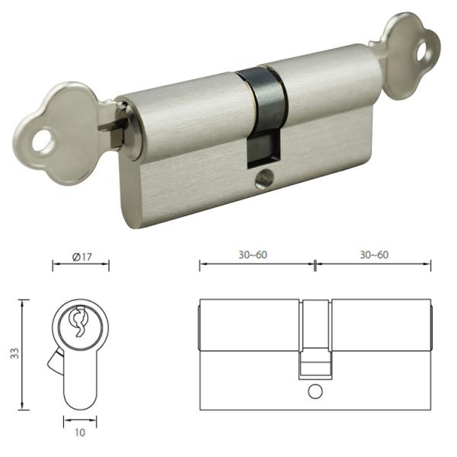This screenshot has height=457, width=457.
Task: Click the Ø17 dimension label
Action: coord(81,256)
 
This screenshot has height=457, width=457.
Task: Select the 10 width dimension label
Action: coord(81,433)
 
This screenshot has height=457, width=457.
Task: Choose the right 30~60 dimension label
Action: coord(373,255)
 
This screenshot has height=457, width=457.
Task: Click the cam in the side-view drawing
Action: coord(315,339)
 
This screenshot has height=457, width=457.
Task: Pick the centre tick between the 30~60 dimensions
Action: coord(315,265)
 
